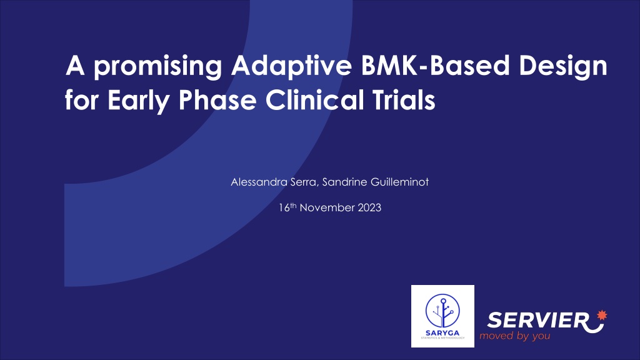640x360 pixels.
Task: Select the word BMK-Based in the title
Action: [436, 65]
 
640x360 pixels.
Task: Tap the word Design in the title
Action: [563, 66]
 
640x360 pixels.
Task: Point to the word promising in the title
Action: [158, 67]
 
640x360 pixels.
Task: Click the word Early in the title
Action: [138, 101]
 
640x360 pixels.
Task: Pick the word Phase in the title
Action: [217, 99]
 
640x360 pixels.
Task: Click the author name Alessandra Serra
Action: [274, 182]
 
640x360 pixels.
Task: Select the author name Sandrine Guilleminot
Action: [376, 182]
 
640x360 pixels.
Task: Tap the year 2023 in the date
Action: [369, 207]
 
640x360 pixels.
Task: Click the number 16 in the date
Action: [284, 207]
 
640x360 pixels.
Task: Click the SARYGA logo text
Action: [442, 333]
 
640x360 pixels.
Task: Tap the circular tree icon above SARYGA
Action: [442, 311]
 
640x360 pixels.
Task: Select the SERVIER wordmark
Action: [538, 320]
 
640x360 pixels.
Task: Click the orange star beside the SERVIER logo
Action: [602, 316]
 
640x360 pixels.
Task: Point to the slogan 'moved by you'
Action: [515, 336]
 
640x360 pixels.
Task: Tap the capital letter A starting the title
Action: [75, 65]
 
